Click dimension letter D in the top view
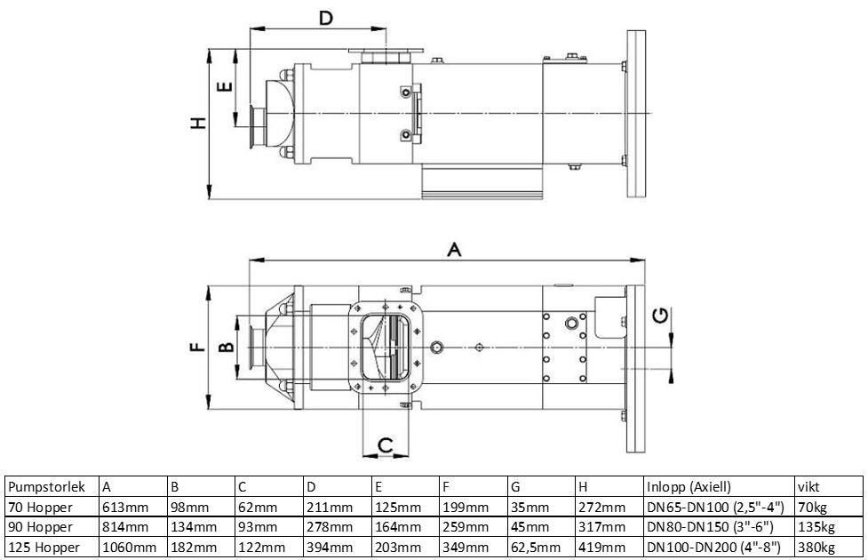click(326, 18)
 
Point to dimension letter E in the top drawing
click(224, 87)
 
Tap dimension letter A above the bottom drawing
click(454, 250)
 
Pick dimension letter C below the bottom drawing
click(386, 444)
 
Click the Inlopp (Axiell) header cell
click(689, 487)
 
